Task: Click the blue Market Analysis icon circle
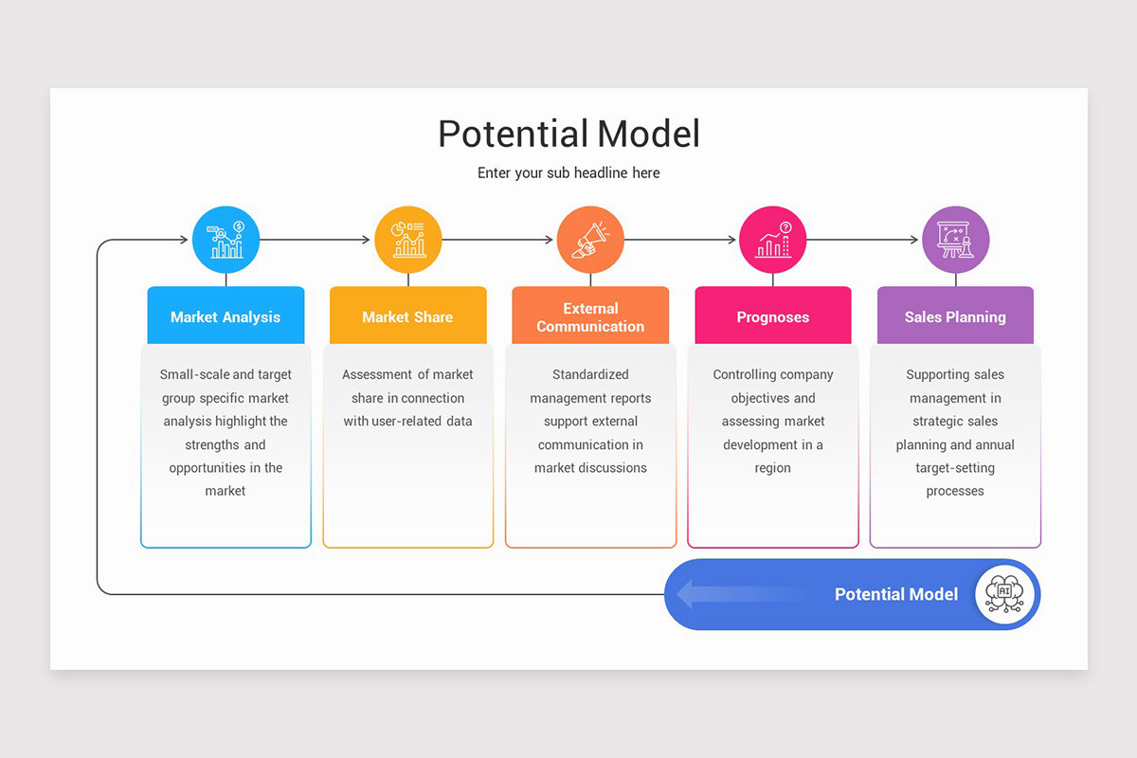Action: coord(226,240)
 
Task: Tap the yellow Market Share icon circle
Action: coord(408,240)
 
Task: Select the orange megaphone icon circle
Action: coord(590,240)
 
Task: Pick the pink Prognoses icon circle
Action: coord(773,240)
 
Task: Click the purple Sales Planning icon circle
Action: coord(955,240)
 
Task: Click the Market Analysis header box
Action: coord(226,316)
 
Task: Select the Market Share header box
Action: coord(408,316)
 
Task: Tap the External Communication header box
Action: coord(590,316)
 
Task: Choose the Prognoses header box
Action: coord(773,316)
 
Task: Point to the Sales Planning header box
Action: coord(955,316)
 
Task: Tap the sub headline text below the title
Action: coord(568,173)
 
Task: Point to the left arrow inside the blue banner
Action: coord(720,594)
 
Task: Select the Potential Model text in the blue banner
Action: coord(895,594)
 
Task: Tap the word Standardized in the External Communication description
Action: coord(590,374)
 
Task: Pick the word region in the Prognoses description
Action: coord(773,468)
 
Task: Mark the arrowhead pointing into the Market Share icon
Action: coord(366,240)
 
